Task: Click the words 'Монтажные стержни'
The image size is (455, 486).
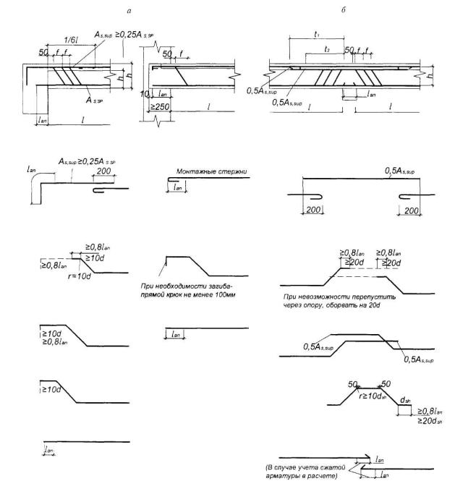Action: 212,172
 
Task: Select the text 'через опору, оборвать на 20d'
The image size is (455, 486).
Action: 334,304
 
